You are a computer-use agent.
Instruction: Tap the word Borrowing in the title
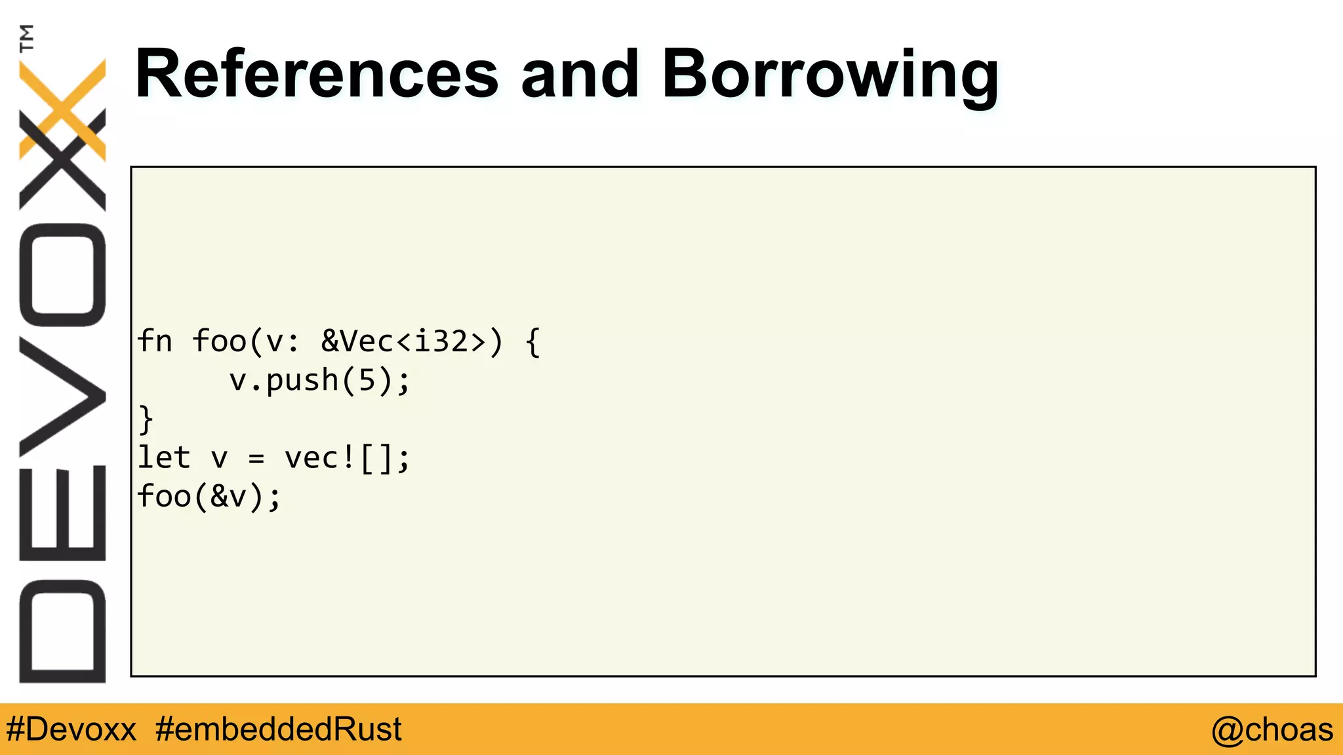(830, 76)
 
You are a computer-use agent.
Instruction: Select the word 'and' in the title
(580, 75)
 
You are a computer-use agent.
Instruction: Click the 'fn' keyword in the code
(155, 341)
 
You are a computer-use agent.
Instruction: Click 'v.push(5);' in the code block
(319, 381)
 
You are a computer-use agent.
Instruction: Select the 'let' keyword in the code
(164, 457)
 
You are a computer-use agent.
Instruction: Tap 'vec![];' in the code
(347, 457)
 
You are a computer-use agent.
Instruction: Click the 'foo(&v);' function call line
(209, 496)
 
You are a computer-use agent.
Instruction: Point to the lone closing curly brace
(146, 419)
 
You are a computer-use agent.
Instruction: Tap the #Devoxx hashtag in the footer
(71, 729)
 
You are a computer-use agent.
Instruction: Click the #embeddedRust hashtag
(279, 729)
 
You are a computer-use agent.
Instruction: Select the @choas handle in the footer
(1272, 729)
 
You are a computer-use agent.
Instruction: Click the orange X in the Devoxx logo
(63, 108)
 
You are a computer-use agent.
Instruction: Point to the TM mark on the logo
(27, 37)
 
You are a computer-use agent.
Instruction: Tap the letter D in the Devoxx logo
(63, 632)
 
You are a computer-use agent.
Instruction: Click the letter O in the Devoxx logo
(63, 275)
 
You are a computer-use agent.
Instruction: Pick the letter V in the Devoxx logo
(63, 397)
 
